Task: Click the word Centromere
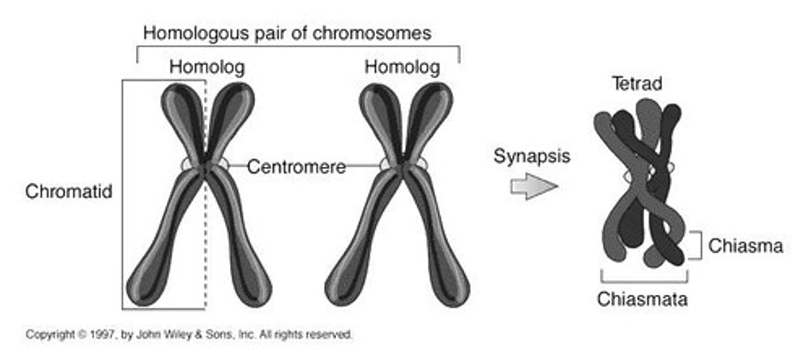[296, 167]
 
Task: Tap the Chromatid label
[69, 192]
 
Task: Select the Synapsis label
[532, 156]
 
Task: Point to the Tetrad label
[637, 84]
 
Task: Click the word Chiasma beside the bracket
[745, 246]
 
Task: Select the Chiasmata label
[642, 299]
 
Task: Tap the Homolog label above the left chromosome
[207, 68]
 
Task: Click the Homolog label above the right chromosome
[402, 68]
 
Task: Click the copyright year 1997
[90, 334]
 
